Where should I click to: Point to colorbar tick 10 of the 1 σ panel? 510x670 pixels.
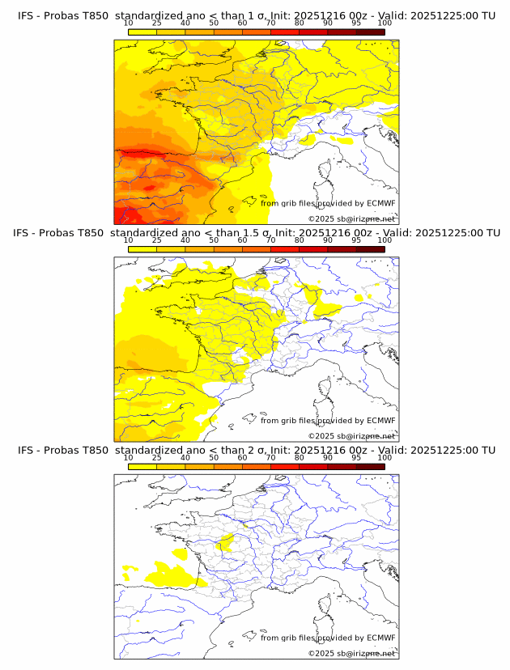[128, 23]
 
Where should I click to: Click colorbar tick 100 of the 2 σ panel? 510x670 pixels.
[385, 457]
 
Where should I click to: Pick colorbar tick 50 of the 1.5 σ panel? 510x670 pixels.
[214, 240]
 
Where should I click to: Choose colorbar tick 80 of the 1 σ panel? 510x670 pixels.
[300, 23]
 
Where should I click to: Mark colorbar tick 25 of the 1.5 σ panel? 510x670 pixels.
[156, 240]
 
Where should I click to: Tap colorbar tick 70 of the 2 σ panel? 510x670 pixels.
[270, 457]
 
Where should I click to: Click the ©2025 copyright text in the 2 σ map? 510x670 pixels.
[351, 653]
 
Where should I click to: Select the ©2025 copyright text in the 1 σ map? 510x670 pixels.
[351, 219]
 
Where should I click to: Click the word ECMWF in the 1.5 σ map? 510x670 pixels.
[381, 421]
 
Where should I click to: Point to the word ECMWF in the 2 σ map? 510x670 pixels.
[381, 638]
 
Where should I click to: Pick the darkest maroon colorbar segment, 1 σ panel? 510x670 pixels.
[370, 32]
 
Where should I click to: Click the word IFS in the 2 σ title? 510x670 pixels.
[26, 450]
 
